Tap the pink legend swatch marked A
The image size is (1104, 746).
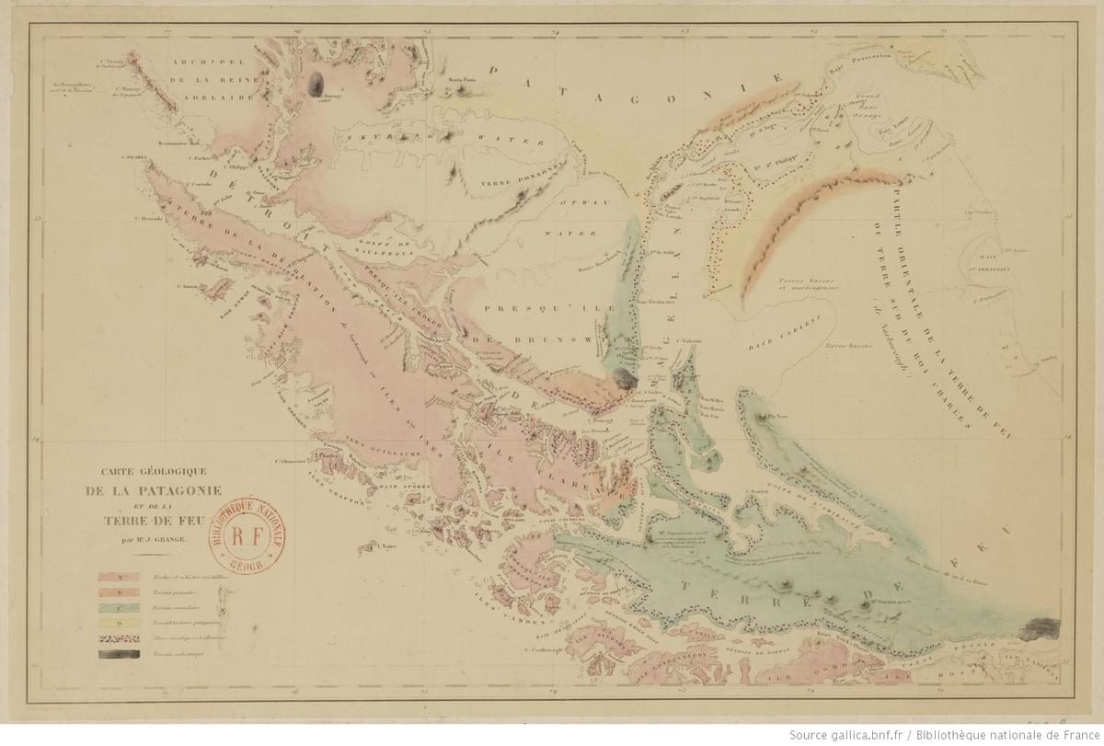click(120, 577)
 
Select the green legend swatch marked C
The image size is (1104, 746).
click(120, 608)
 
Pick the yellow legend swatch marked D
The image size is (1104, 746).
click(120, 624)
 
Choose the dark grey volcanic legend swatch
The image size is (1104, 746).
click(120, 654)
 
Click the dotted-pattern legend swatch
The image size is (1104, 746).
click(120, 639)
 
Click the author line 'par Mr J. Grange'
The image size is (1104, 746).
click(146, 539)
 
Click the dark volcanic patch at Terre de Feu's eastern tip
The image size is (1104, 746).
click(1039, 627)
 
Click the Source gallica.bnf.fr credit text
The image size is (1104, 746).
click(945, 734)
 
